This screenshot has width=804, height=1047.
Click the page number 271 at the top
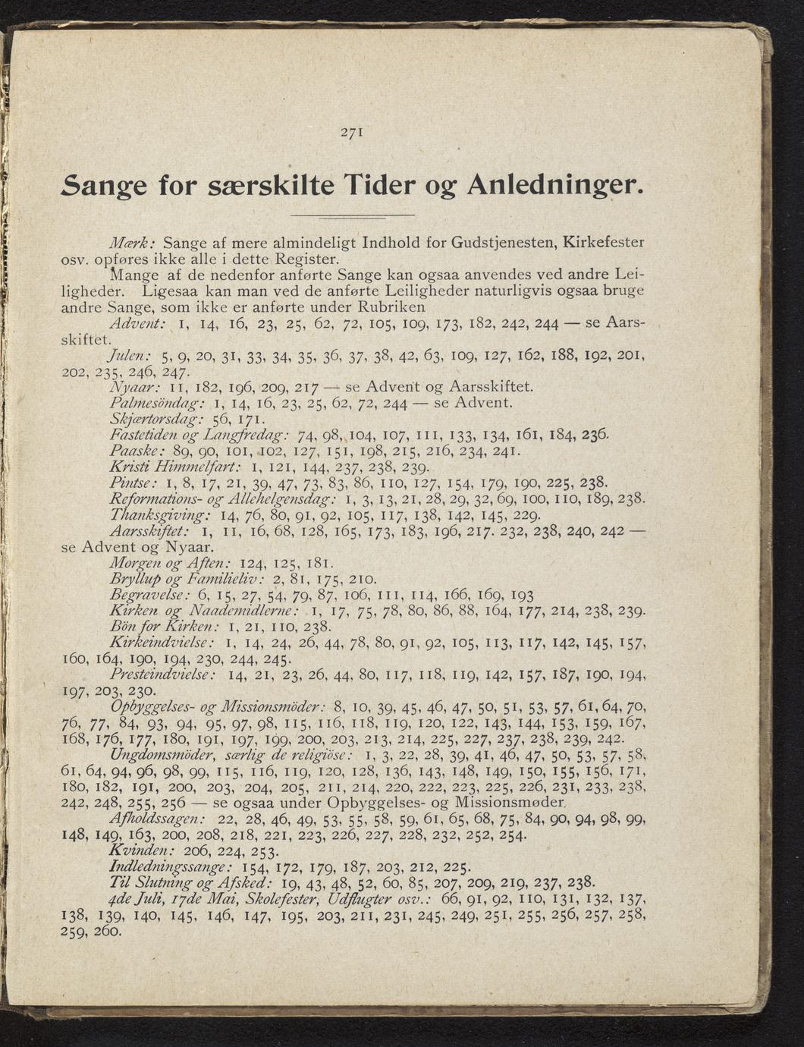coord(351,131)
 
